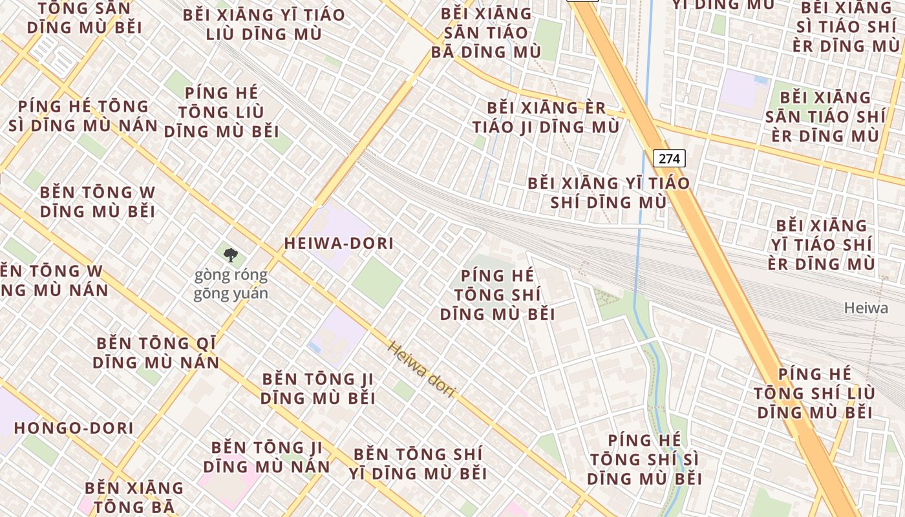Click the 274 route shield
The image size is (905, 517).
pyautogui.click(x=668, y=158)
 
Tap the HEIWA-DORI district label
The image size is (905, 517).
pyautogui.click(x=339, y=244)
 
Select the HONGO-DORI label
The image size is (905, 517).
pyautogui.click(x=74, y=428)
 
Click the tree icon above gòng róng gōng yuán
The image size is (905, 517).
pyautogui.click(x=230, y=255)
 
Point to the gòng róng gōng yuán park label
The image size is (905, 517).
pyautogui.click(x=231, y=284)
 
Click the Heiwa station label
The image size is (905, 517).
pyautogui.click(x=866, y=308)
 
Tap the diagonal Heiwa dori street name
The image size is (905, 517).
pyautogui.click(x=421, y=369)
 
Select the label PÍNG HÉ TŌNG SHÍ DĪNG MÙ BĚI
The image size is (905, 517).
pyautogui.click(x=497, y=295)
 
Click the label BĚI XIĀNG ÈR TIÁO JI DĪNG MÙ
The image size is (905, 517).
pyautogui.click(x=546, y=117)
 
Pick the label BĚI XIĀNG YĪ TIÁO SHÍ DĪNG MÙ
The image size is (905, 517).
pyautogui.click(x=608, y=193)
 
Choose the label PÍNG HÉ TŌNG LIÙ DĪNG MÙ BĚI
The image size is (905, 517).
pyautogui.click(x=221, y=112)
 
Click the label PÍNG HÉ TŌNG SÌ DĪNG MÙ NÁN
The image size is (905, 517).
pyautogui.click(x=83, y=116)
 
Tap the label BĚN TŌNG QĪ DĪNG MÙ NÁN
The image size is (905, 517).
pyautogui.click(x=156, y=353)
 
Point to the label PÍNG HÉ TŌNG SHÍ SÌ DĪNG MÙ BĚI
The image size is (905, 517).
pyautogui.click(x=644, y=459)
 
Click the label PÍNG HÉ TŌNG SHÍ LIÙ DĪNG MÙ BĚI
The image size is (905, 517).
pyautogui.click(x=814, y=393)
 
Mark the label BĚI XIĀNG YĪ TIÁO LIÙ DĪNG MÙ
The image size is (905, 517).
pyautogui.click(x=264, y=25)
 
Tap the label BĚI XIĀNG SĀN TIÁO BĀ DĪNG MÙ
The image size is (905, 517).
pyautogui.click(x=485, y=33)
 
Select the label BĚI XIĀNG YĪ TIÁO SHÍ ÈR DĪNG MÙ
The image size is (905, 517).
pyautogui.click(x=822, y=244)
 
